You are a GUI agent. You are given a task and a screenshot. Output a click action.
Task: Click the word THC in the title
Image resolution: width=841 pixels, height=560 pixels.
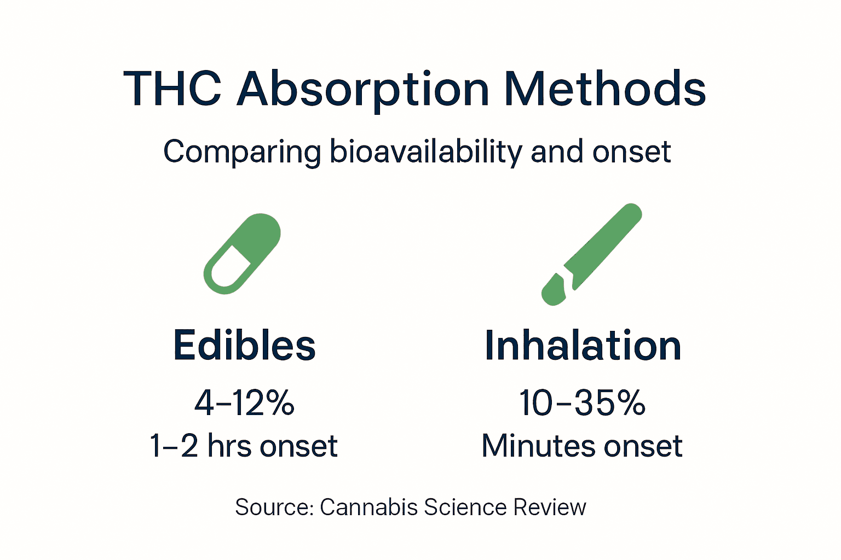pos(173,89)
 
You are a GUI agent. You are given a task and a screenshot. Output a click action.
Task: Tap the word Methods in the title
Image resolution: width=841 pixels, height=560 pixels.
pos(605,89)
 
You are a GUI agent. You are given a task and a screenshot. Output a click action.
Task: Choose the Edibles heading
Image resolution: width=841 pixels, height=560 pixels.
pos(244,346)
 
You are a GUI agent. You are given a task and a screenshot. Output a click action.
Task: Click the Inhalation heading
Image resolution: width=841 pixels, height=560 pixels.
pos(583,346)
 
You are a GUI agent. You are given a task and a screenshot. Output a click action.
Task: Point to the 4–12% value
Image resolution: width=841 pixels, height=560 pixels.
pos(244,403)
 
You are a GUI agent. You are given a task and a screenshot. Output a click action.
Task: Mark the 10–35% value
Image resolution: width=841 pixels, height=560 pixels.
pos(582,403)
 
